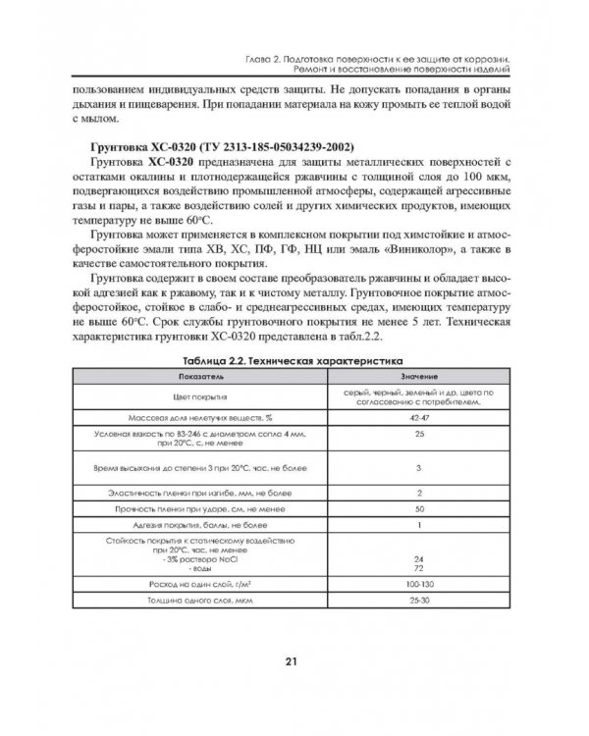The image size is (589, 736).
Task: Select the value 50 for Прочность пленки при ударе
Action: (x=419, y=508)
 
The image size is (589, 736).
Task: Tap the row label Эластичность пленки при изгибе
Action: (x=193, y=492)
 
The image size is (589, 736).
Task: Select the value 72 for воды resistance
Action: (x=419, y=567)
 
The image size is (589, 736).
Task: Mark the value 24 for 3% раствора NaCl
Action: (x=419, y=558)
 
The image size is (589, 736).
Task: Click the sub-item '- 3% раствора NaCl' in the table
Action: (x=188, y=558)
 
